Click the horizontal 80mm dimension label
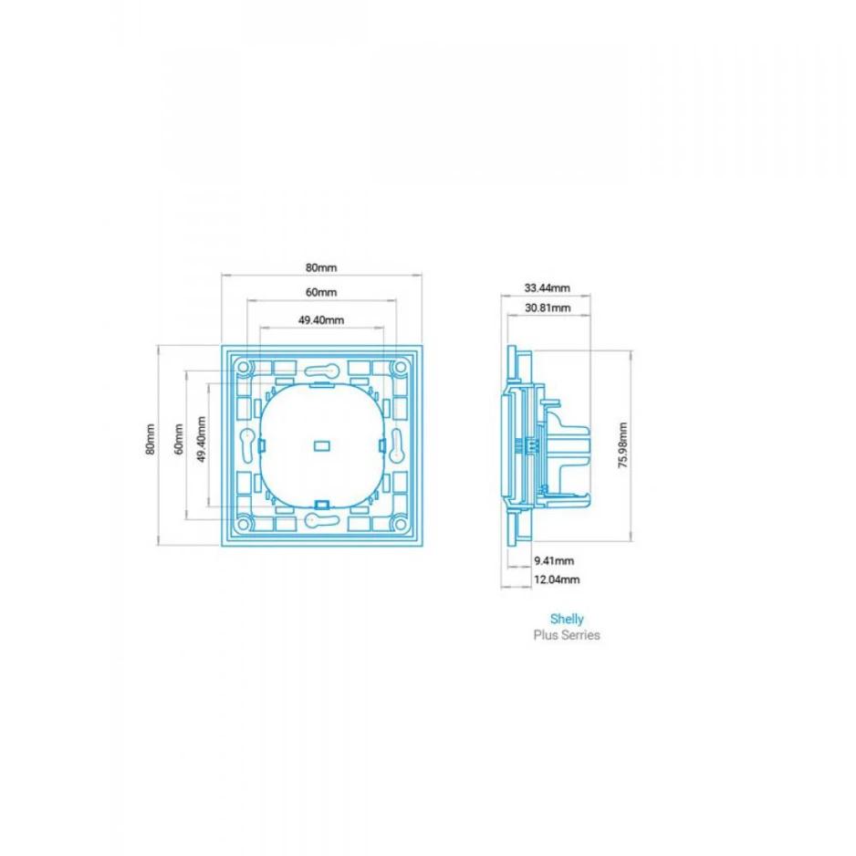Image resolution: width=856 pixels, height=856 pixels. tap(321, 268)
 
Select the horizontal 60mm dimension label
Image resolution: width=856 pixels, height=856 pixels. tap(321, 293)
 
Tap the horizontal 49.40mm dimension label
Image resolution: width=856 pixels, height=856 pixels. tap(321, 319)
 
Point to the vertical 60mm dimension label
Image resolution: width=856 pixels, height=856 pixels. tap(177, 444)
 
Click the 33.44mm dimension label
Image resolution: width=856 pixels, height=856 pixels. tap(547, 288)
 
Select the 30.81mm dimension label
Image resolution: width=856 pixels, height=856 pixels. tap(547, 308)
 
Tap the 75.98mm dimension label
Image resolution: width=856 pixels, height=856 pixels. tap(622, 445)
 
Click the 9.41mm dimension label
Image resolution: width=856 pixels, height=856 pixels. tap(554, 560)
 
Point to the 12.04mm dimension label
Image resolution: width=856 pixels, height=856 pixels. tap(557, 579)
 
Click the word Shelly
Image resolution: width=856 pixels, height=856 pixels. tap(567, 619)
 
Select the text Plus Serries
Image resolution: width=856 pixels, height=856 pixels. tap(567, 635)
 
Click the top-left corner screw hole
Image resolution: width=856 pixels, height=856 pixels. tap(244, 367)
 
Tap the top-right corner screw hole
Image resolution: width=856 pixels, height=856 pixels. tap(399, 367)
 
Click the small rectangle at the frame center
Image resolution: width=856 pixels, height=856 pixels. tap(321, 446)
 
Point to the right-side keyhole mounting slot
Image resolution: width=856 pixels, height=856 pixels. tap(398, 447)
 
